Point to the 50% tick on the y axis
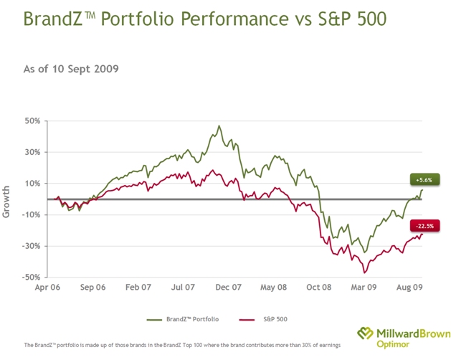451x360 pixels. (x=31, y=120)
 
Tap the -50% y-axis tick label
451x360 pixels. (x=29, y=278)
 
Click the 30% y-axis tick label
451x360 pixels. (x=31, y=152)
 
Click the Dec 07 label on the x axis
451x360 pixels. (x=228, y=287)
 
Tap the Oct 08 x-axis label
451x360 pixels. (x=319, y=287)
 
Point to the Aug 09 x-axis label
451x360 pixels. (x=409, y=287)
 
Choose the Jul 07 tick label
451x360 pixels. (x=182, y=287)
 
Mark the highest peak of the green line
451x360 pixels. (x=219, y=126)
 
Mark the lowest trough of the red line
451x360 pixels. (x=364, y=273)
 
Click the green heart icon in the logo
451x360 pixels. (x=367, y=333)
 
